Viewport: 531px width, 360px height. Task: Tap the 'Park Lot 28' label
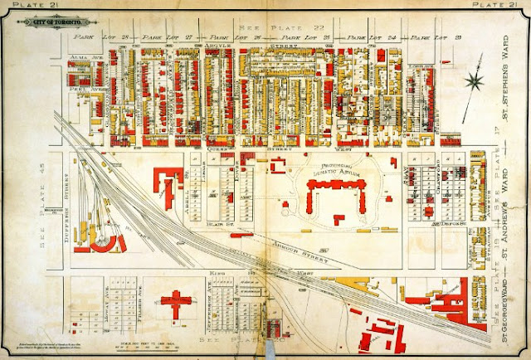tap(92, 38)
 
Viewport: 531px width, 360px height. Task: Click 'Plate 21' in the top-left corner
tap(22, 6)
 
